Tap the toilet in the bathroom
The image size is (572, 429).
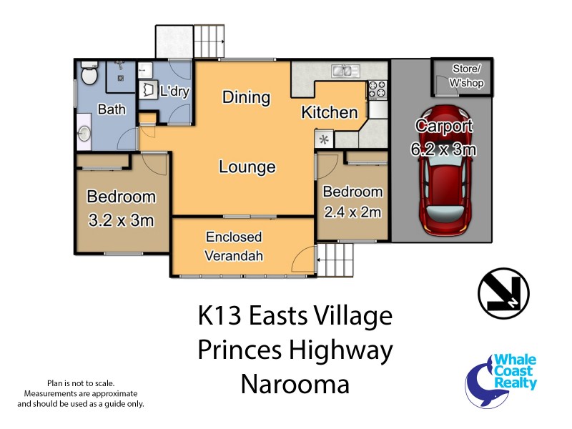[x=89, y=74]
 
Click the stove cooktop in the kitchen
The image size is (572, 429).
[x=377, y=90]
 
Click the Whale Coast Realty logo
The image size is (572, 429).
[x=501, y=380]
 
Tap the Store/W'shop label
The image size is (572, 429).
[x=462, y=74]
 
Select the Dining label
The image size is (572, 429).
[x=245, y=97]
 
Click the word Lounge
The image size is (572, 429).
[x=247, y=168]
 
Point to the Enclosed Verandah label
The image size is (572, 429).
[x=234, y=246]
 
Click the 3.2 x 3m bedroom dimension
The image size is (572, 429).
[x=121, y=220]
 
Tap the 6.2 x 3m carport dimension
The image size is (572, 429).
[x=444, y=149]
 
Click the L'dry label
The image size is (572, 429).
[x=174, y=92]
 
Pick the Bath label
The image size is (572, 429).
[x=111, y=110]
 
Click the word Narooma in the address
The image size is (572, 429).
[x=295, y=385]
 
